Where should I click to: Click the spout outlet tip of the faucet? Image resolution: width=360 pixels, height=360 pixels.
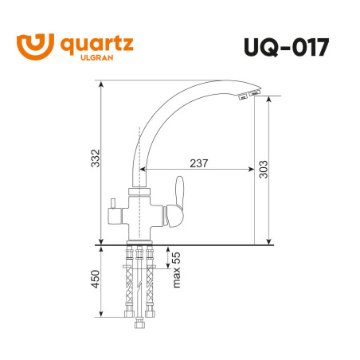(x=248, y=96)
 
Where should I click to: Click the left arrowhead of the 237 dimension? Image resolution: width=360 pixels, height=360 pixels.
(x=146, y=170)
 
